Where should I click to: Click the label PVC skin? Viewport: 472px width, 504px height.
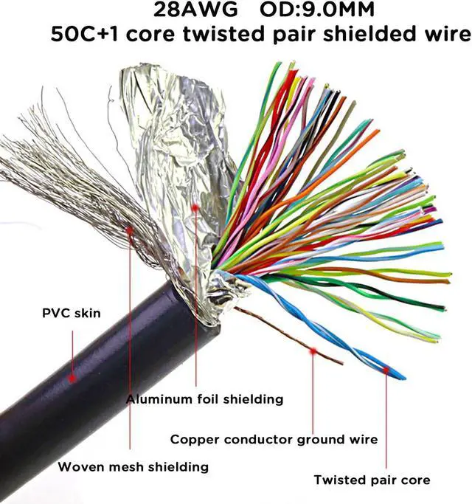pyautogui.click(x=72, y=314)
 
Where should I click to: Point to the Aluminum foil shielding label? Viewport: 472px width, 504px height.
pyautogui.click(x=204, y=399)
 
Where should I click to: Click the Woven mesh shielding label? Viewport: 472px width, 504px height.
pyautogui.click(x=133, y=466)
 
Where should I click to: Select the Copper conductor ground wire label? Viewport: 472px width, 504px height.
pyautogui.click(x=274, y=439)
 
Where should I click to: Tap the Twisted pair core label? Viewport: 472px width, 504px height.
pyautogui.click(x=372, y=480)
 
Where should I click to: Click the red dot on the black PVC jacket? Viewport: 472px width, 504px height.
pyautogui.click(x=72, y=378)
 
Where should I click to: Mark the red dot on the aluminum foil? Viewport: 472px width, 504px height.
pyautogui.click(x=195, y=208)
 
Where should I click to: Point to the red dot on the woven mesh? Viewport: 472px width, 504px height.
pyautogui.click(x=130, y=230)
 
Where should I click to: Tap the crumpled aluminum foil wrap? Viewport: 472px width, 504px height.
pyautogui.click(x=173, y=148)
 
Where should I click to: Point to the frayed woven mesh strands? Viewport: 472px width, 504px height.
pyautogui.click(x=66, y=184)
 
